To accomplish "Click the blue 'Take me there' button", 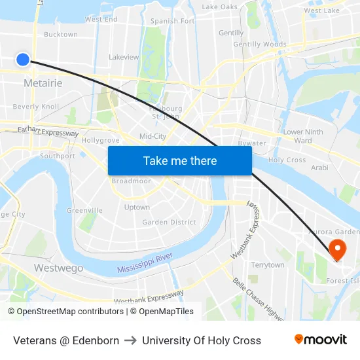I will tap(180, 160).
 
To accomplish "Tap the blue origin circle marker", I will tap(22, 60).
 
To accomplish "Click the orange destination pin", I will tap(338, 249).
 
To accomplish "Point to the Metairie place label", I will tap(43, 83).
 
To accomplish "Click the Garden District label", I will tap(169, 222).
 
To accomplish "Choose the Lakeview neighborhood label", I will tap(124, 57).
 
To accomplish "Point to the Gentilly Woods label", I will tap(260, 45).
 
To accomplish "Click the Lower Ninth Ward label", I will tap(302, 136).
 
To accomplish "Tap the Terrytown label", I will tap(268, 265).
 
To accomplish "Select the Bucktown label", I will tap(60, 34).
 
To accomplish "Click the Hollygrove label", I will tap(100, 140).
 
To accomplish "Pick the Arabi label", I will tap(319, 168).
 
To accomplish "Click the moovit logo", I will tap(320, 340).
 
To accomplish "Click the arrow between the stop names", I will tap(130, 340).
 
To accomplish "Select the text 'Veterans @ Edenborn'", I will tap(66, 340).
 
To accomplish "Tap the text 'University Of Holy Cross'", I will tap(201, 340).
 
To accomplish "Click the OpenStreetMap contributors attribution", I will tap(65, 312).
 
